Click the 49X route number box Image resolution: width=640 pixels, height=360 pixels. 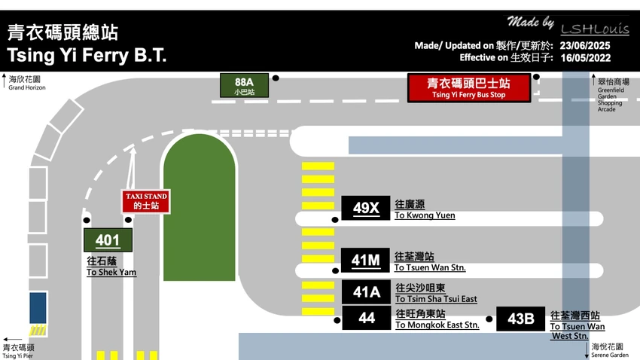[366, 208]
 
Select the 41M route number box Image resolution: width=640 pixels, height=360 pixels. [365, 260]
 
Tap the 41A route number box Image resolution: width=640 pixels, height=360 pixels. [366, 291]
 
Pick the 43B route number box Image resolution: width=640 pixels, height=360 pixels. [520, 319]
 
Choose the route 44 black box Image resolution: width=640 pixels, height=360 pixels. [367, 318]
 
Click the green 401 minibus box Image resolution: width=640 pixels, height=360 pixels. [108, 240]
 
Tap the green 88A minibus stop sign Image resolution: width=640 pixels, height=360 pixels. [244, 86]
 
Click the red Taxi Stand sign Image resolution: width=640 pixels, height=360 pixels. [146, 201]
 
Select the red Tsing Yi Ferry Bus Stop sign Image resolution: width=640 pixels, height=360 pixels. [469, 88]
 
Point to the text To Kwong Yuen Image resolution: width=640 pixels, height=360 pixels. [425, 215]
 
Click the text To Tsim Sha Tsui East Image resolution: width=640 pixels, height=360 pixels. [436, 299]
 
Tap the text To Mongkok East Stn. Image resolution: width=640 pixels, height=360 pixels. [437, 325]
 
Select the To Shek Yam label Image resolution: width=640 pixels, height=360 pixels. [111, 272]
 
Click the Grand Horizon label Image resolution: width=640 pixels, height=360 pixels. [27, 87]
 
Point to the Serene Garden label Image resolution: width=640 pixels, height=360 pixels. [610, 355]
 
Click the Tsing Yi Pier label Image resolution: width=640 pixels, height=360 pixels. [17, 355]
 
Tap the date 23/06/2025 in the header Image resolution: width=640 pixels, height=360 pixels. [585, 45]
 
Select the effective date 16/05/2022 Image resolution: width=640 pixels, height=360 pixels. [585, 58]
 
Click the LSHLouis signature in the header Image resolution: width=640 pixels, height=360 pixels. [595, 29]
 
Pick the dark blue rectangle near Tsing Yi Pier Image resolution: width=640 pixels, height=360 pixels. [38, 308]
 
